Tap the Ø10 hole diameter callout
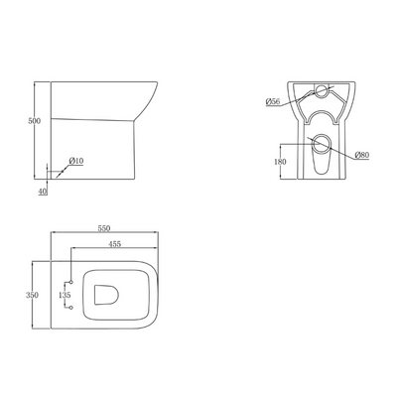coord(75,161)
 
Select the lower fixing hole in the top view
coord(72,310)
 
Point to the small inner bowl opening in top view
coord(105,294)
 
